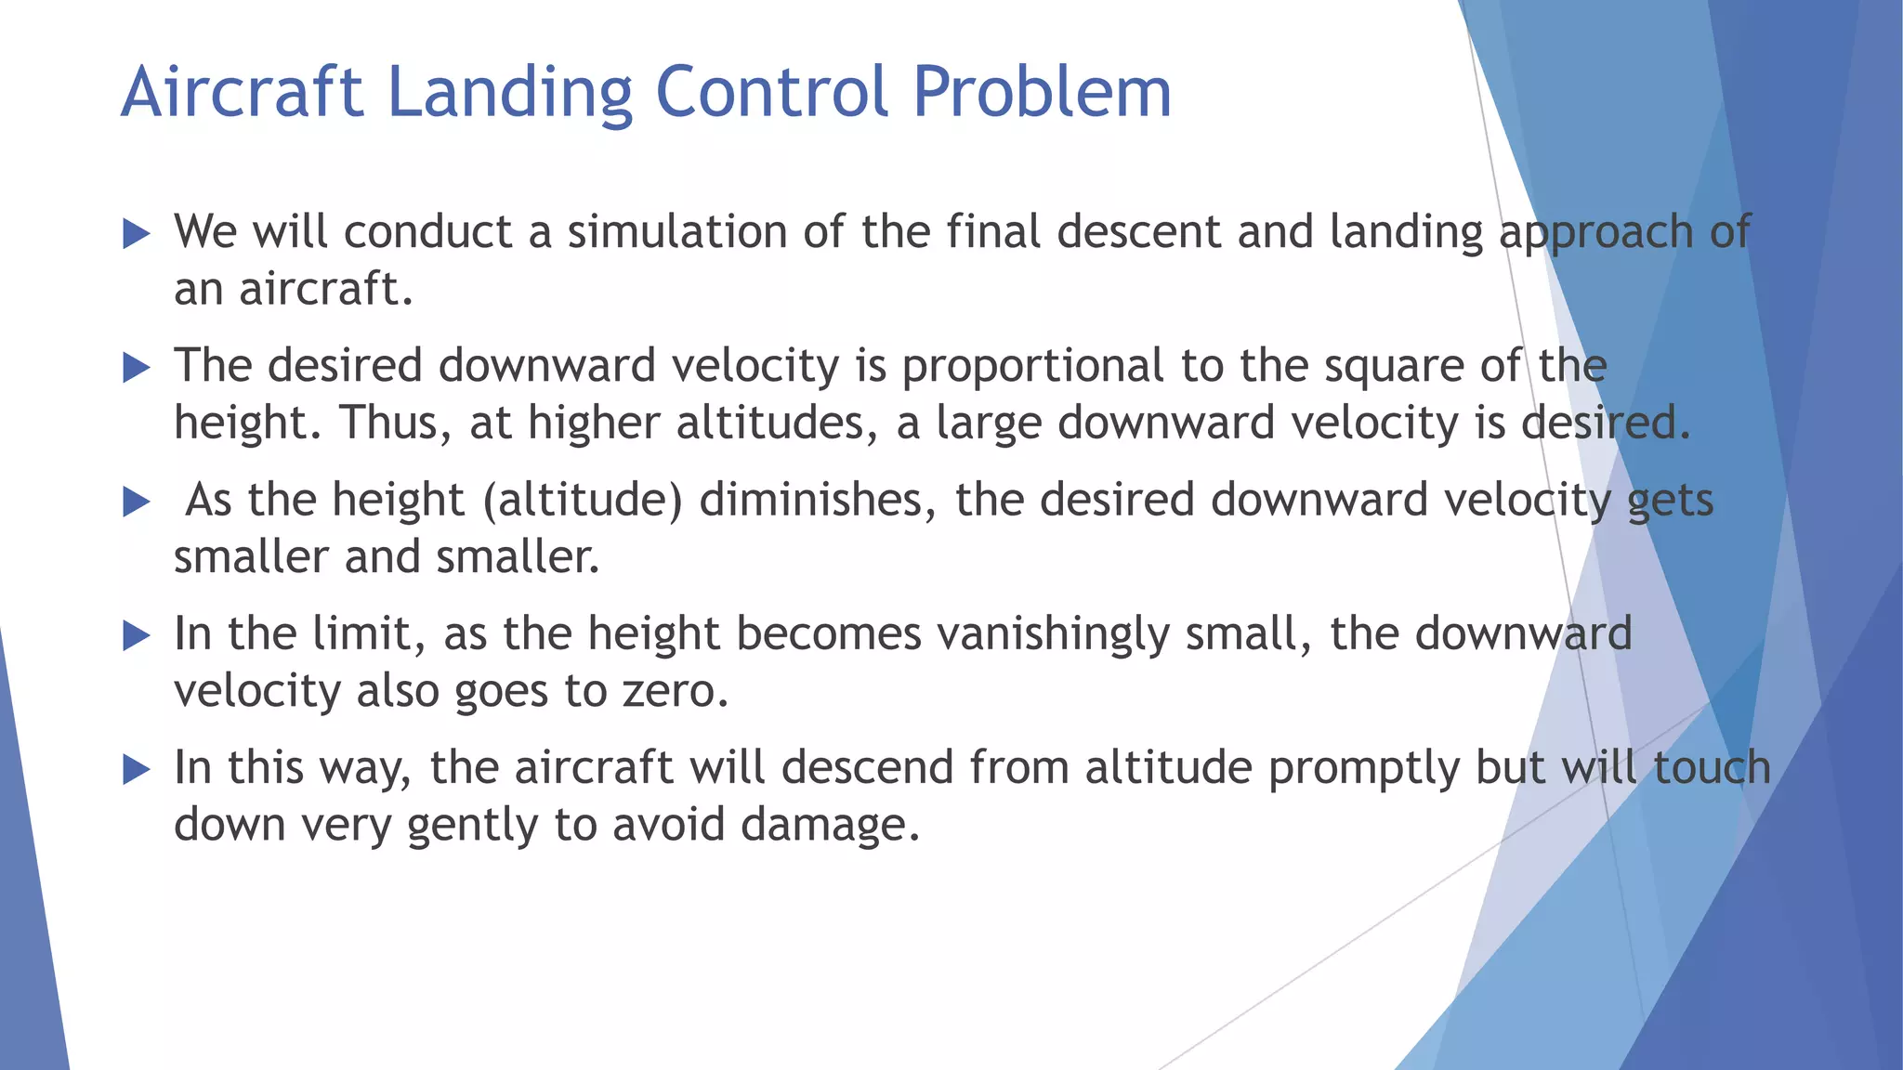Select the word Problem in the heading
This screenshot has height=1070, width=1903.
pos(1042,93)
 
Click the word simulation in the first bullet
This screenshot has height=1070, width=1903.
pos(677,232)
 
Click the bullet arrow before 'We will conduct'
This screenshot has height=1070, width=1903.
pos(136,234)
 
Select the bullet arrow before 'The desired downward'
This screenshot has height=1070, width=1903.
pos(136,368)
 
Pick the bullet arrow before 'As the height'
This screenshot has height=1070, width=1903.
pos(136,502)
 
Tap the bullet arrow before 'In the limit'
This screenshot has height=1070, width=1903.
pos(136,635)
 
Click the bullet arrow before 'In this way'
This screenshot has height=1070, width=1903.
pos(136,769)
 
